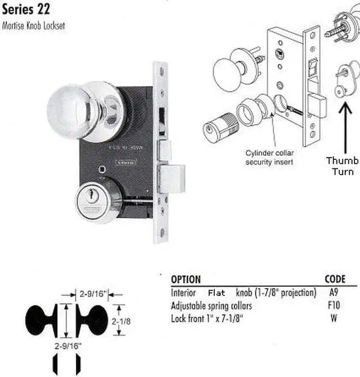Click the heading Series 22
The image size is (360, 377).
pyautogui.click(x=27, y=10)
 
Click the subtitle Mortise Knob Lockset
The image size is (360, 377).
pyautogui.click(x=34, y=26)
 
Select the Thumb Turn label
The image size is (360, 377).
pyautogui.click(x=341, y=167)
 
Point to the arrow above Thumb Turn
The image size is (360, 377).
pyautogui.click(x=341, y=129)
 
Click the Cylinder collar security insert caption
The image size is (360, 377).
pyautogui.click(x=269, y=158)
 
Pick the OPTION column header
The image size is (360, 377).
pyautogui.click(x=186, y=280)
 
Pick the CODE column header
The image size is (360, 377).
pyautogui.click(x=335, y=280)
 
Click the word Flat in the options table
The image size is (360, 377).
pyautogui.click(x=217, y=293)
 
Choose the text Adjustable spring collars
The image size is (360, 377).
pyautogui.click(x=211, y=306)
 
